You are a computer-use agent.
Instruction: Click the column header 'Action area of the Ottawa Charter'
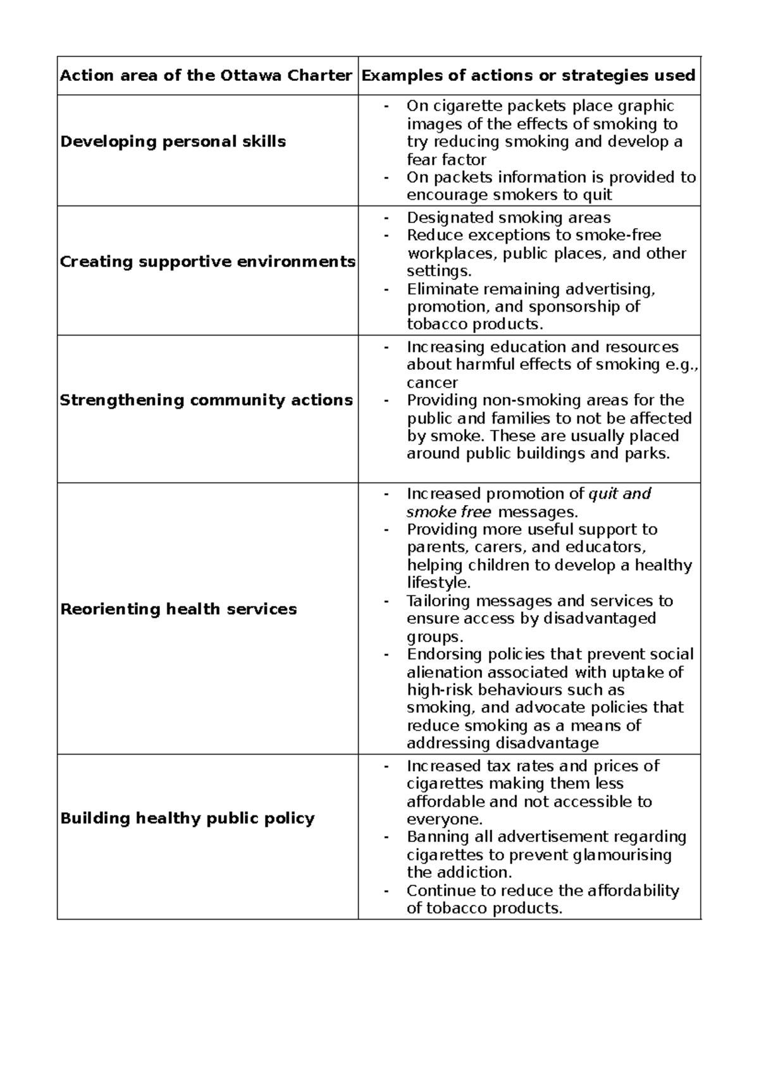206,76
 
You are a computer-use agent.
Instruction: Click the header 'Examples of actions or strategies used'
528,76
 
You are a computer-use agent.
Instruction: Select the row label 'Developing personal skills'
173,142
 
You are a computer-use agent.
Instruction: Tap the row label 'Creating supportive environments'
207,262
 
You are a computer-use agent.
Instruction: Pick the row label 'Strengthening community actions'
206,400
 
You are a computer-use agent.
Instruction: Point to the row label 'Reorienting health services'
178,609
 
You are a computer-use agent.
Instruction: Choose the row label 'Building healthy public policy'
187,819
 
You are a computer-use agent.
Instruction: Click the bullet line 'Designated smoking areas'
509,218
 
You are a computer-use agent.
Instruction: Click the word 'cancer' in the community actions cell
432,383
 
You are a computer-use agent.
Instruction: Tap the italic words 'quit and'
619,494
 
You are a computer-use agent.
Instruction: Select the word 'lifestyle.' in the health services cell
438,583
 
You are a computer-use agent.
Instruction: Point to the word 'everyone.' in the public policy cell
445,820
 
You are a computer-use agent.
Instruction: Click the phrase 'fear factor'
446,160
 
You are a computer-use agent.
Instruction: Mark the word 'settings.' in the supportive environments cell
439,271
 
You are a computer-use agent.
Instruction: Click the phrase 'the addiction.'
458,873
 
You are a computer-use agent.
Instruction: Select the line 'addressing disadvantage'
502,743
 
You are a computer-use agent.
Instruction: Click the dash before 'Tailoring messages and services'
385,601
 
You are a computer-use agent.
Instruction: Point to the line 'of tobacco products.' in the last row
484,909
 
